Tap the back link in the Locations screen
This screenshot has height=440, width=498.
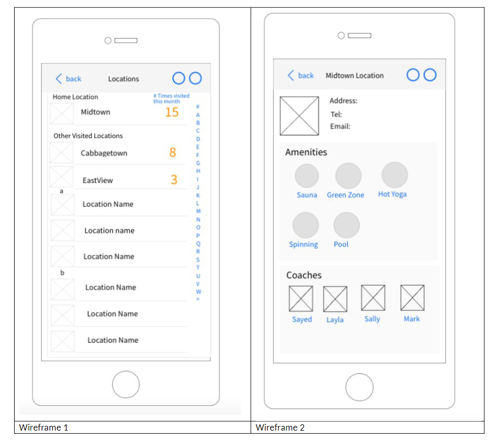click(x=69, y=79)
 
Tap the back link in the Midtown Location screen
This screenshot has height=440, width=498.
click(x=301, y=75)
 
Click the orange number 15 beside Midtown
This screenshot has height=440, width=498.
click(x=172, y=112)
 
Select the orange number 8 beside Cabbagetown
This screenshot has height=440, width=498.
click(x=172, y=153)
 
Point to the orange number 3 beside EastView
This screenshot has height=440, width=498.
click(x=174, y=180)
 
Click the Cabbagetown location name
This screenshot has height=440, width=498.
click(x=104, y=153)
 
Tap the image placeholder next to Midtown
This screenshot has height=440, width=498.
click(x=62, y=113)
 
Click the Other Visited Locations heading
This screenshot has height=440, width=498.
click(x=88, y=136)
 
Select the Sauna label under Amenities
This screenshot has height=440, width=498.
click(x=307, y=195)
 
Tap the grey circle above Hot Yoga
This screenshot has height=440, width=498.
click(x=395, y=175)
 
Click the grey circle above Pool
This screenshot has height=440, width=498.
click(x=346, y=225)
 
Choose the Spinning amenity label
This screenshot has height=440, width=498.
click(x=304, y=245)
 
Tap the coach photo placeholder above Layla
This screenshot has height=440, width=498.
click(x=335, y=299)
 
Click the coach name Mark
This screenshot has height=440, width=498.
click(x=412, y=319)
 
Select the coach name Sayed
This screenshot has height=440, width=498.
click(x=302, y=319)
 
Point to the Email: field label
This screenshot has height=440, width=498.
click(x=340, y=126)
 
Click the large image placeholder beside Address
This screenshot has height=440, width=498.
click(x=299, y=116)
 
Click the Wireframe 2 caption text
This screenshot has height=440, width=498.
click(x=280, y=427)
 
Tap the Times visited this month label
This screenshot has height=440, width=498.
click(x=171, y=98)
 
